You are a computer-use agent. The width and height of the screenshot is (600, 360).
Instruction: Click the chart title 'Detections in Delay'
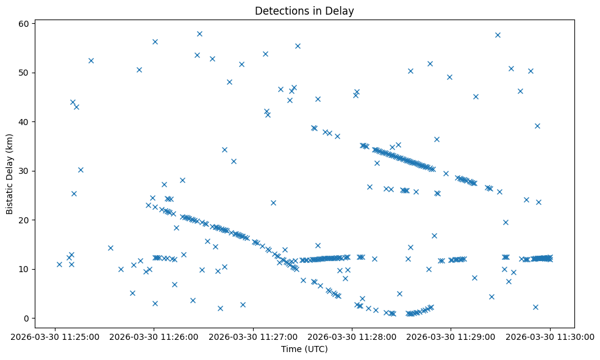click(x=304, y=11)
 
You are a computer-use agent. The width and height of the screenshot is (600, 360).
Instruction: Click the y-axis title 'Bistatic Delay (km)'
click(x=10, y=174)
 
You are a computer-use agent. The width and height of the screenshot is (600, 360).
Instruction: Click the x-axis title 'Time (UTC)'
click(x=304, y=349)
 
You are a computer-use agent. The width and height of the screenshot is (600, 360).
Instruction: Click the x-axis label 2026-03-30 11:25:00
click(x=55, y=336)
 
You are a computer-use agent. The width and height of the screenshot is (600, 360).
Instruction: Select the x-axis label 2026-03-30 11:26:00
click(x=155, y=336)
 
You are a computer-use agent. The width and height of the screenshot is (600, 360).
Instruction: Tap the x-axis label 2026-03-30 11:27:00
click(x=254, y=336)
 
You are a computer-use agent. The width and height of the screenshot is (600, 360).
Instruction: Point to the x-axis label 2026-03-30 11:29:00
click(x=451, y=336)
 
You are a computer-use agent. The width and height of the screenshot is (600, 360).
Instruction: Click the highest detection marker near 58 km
click(x=199, y=34)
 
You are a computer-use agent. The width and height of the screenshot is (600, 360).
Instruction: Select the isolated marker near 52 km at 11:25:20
click(x=91, y=60)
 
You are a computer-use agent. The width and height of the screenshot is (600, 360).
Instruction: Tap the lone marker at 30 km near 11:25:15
click(x=80, y=170)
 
